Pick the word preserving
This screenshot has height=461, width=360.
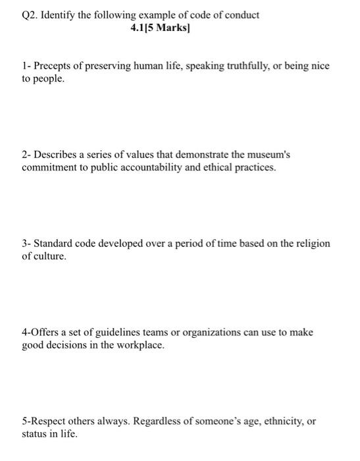click(109, 67)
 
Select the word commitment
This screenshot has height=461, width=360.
click(49, 167)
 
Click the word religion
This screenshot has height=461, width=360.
click(311, 244)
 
